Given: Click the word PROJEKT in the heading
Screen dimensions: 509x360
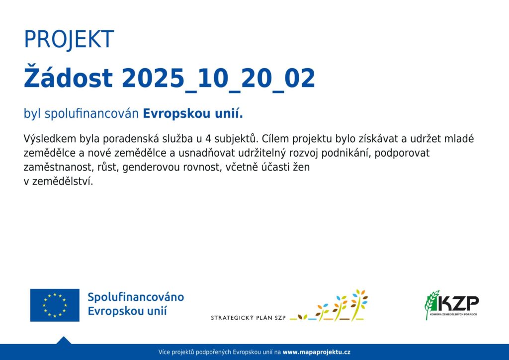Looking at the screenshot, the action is pyautogui.click(x=69, y=40).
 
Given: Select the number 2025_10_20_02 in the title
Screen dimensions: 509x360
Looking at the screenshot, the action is pyautogui.click(x=219, y=79).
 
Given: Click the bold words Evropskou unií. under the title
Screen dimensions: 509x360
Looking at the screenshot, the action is pyautogui.click(x=193, y=113).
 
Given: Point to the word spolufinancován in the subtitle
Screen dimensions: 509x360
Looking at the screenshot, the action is pyautogui.click(x=92, y=114).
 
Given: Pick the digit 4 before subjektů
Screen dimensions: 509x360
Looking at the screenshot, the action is pyautogui.click(x=209, y=139).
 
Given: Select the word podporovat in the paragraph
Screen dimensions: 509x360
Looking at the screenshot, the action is pyautogui.click(x=402, y=153).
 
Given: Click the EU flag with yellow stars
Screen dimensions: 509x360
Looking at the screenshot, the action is pyautogui.click(x=55, y=305).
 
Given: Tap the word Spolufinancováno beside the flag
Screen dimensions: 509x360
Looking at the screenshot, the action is pyautogui.click(x=136, y=297).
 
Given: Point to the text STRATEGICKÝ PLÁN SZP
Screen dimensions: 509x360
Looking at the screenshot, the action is pyautogui.click(x=249, y=317).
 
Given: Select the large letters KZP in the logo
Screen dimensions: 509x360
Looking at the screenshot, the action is pyautogui.click(x=457, y=303).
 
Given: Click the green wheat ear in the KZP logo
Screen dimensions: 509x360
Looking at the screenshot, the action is pyautogui.click(x=431, y=304).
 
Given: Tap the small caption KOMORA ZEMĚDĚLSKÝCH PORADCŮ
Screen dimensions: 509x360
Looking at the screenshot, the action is pyautogui.click(x=453, y=315).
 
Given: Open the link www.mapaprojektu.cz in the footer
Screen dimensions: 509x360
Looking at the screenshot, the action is pyautogui.click(x=317, y=352).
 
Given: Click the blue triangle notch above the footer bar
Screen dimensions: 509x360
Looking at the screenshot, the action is pyautogui.click(x=64, y=340).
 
